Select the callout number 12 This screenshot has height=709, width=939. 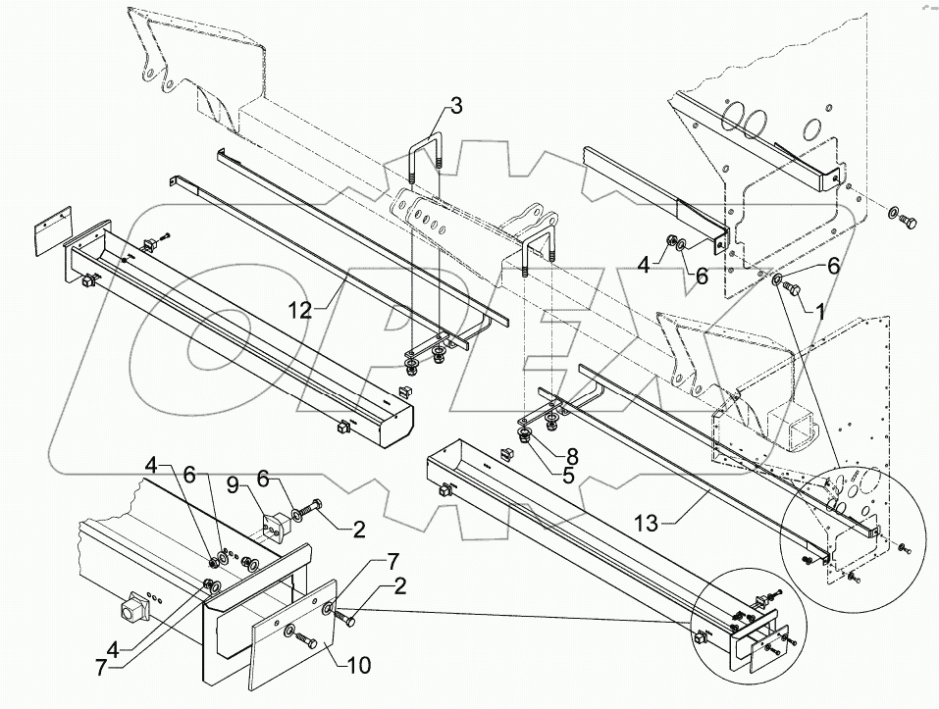(x=300, y=311)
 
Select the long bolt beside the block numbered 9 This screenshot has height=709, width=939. (x=312, y=512)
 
